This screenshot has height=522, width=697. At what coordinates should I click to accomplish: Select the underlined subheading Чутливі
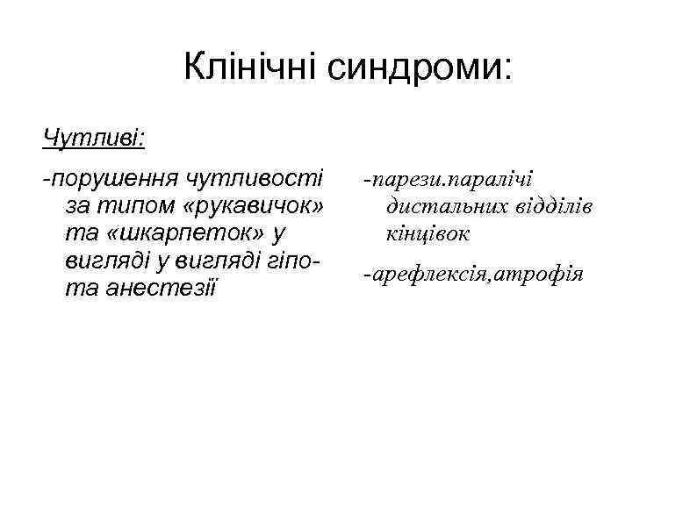(x=94, y=138)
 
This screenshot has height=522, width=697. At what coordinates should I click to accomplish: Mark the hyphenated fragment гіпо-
(x=296, y=261)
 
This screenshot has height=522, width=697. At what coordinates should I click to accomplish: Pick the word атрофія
(x=540, y=275)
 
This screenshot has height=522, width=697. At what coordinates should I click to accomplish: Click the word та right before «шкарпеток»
(x=77, y=233)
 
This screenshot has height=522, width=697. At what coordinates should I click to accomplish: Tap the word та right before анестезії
(x=77, y=288)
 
